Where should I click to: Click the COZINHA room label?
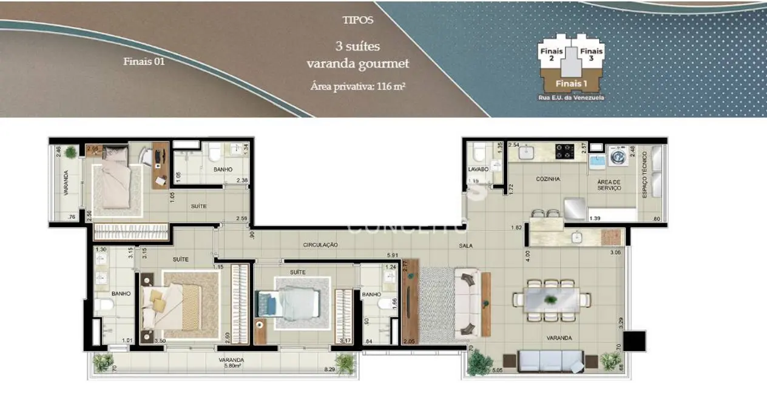pyautogui.click(x=547, y=179)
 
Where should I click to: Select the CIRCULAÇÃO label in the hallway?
pyautogui.click(x=320, y=245)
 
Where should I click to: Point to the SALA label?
pyautogui.click(x=466, y=246)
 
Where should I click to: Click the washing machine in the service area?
pyautogui.click(x=617, y=155)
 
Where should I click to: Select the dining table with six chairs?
pyautogui.click(x=552, y=299)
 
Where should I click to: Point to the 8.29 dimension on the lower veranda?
pyautogui.click(x=330, y=369)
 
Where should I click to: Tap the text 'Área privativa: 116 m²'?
pyautogui.click(x=357, y=86)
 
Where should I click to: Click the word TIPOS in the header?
pyautogui.click(x=358, y=20)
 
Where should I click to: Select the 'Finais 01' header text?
pyautogui.click(x=144, y=61)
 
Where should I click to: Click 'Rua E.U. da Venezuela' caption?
pyautogui.click(x=571, y=97)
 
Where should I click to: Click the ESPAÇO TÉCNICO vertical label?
pyautogui.click(x=645, y=173)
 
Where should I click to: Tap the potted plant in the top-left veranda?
pyautogui.click(x=72, y=152)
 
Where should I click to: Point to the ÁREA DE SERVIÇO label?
pyautogui.click(x=609, y=185)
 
